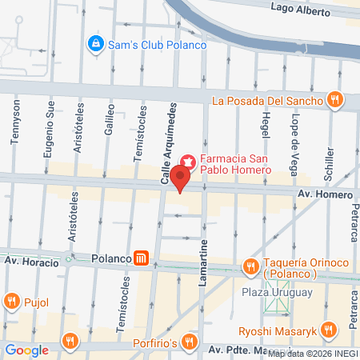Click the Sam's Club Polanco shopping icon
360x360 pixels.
(95, 42)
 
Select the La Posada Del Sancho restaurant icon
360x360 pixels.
(335, 101)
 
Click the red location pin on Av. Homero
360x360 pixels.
(182, 184)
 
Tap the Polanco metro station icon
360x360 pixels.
(142, 258)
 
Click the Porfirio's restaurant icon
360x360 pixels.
(189, 342)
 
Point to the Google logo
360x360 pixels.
(26, 350)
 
